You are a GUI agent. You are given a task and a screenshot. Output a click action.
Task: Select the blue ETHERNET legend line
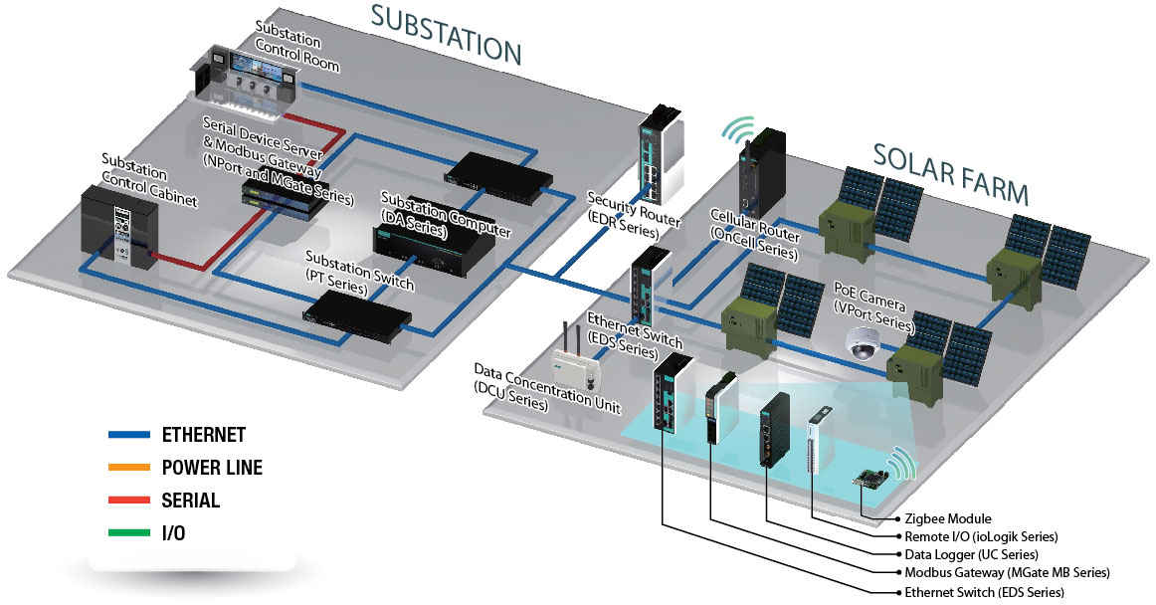tap(128, 435)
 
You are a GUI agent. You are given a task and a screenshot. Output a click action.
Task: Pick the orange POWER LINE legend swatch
tap(128, 468)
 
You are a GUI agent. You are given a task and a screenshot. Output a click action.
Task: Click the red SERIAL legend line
tap(128, 501)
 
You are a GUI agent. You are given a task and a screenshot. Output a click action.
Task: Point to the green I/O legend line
tap(128, 533)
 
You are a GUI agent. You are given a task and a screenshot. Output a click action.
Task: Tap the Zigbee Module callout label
tap(947, 519)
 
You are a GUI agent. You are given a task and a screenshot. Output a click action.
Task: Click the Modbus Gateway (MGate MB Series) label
tap(1006, 572)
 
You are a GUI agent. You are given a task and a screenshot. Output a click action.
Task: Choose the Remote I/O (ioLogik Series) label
tap(980, 537)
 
